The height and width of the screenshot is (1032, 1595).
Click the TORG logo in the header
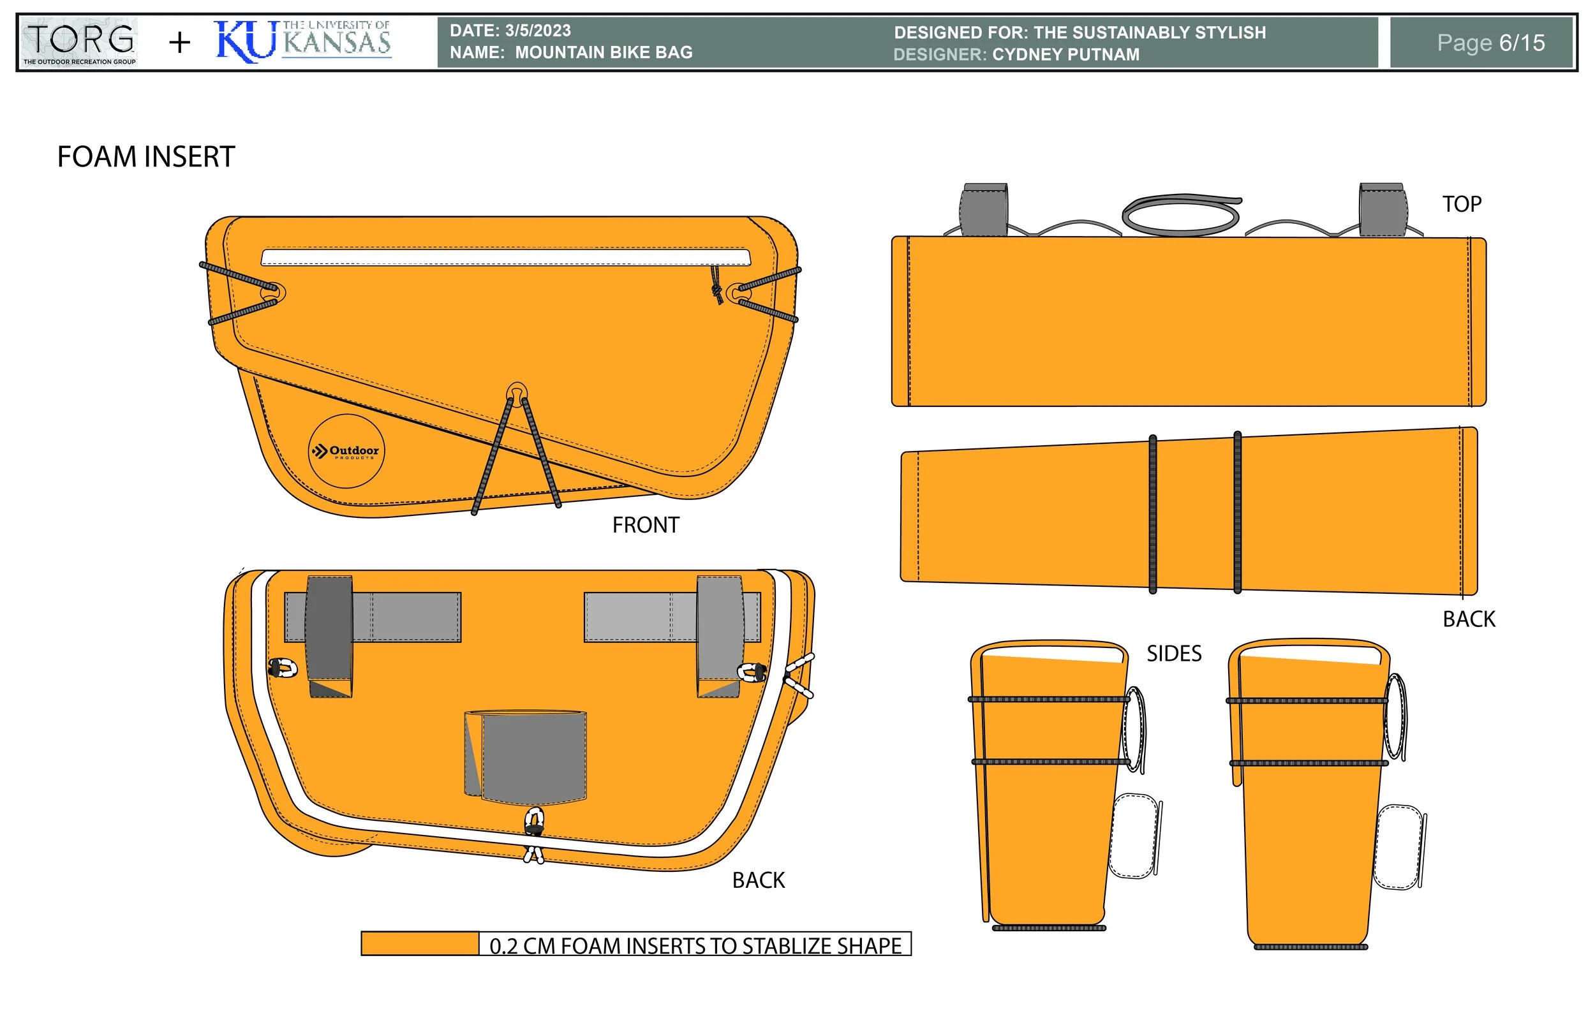[x=79, y=41]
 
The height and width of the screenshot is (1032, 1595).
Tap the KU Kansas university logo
[x=303, y=41]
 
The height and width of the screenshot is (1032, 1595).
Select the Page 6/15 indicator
[x=1490, y=43]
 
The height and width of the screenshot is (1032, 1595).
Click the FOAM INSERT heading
[x=146, y=157]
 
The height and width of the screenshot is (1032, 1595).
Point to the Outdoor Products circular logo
[x=346, y=451]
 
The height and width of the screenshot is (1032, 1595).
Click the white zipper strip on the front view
[x=506, y=256]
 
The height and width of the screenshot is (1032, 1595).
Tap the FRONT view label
[x=646, y=526]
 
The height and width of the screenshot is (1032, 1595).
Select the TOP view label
[x=1462, y=203]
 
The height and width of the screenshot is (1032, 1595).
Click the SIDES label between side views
[x=1173, y=653]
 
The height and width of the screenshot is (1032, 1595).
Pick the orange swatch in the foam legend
[x=420, y=943]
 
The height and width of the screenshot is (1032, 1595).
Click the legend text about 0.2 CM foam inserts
[x=695, y=945]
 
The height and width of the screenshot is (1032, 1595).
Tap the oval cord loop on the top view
[x=1181, y=215]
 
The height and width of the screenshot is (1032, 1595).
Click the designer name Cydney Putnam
[x=1065, y=54]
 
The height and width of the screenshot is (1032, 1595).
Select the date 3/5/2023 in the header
[x=537, y=30]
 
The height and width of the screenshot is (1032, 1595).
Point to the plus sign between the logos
[x=180, y=43]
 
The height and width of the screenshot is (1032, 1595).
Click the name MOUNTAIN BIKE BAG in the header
[x=604, y=52]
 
